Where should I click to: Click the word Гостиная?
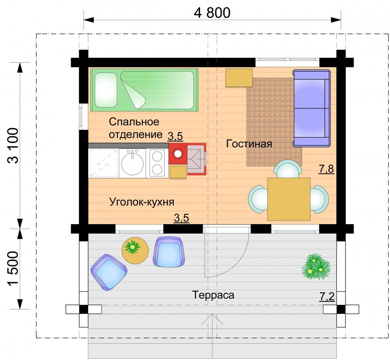[249, 144]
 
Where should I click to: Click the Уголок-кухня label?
[142, 201]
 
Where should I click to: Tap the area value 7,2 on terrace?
[327, 295]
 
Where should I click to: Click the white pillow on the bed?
[105, 90]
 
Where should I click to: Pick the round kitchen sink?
[132, 163]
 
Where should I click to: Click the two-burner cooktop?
[157, 163]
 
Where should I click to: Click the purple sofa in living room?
[312, 108]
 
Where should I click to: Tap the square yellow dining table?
[288, 199]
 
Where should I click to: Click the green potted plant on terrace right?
[316, 267]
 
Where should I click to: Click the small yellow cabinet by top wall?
[239, 78]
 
